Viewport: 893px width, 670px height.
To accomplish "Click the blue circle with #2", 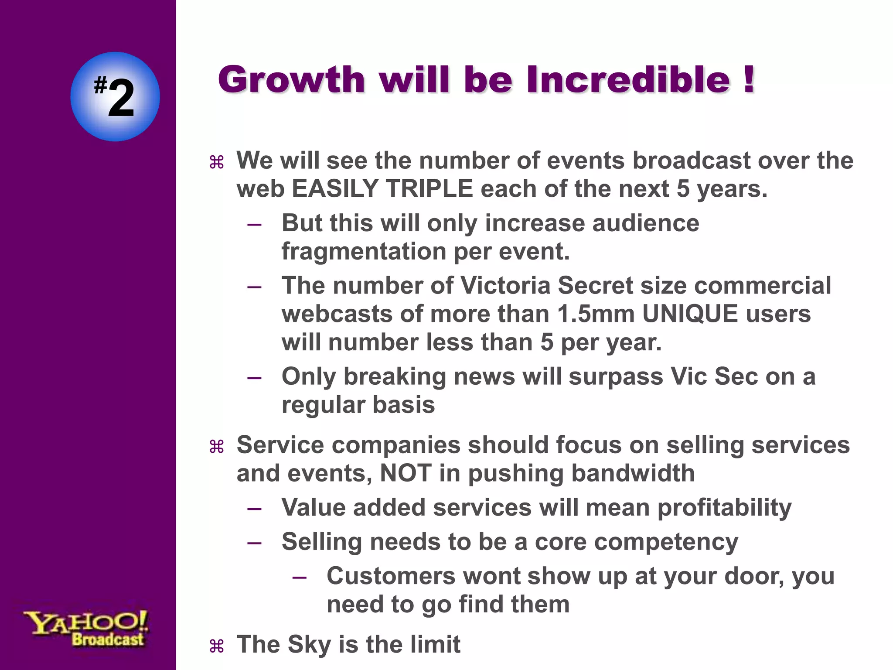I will click(115, 97).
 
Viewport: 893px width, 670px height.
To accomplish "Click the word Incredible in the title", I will click(628, 80).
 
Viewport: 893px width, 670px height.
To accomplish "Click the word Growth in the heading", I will click(291, 80).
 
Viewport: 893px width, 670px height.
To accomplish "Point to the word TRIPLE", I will click(429, 189).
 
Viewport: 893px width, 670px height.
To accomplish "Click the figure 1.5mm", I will click(596, 314).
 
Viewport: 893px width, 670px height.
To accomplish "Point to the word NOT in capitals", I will click(406, 473).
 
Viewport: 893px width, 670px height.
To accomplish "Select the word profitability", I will click(724, 508).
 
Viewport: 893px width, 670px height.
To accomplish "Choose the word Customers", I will click(391, 576).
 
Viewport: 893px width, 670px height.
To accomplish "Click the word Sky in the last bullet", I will click(309, 644).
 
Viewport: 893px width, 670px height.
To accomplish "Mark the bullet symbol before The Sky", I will click(217, 646).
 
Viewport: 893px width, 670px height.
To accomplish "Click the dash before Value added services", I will click(254, 509).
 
